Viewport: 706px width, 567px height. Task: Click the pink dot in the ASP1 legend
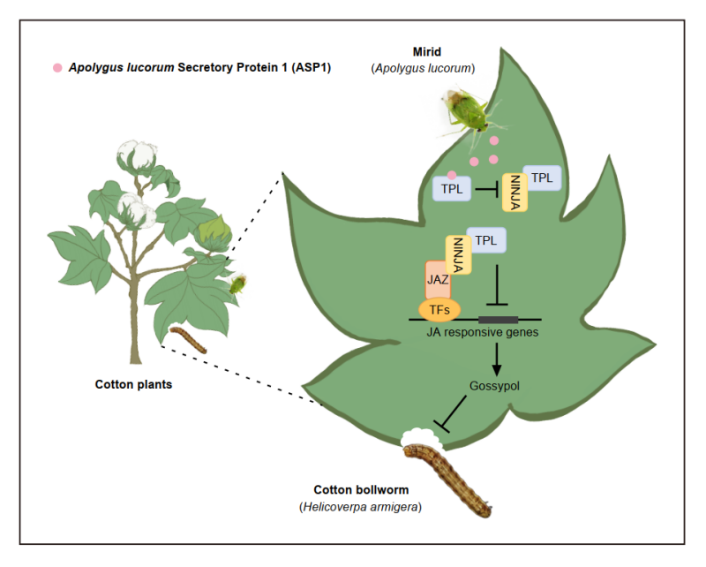57,67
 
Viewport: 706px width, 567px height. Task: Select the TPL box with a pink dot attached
450,188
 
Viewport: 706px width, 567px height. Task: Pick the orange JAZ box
438,281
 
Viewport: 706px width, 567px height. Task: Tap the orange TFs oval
439,311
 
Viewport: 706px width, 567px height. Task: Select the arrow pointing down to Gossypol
498,357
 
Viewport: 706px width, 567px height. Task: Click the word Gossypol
496,387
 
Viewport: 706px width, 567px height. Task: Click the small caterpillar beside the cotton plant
187,340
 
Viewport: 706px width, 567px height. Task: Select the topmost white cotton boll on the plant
138,155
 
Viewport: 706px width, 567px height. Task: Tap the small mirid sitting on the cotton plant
237,283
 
